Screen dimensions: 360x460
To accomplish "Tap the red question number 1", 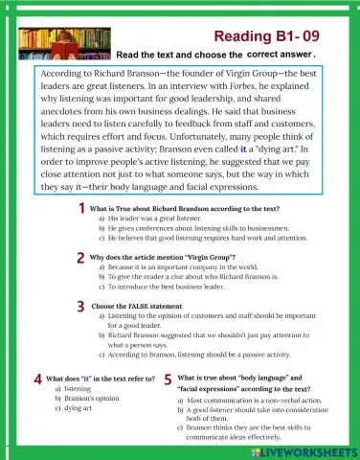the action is point(83,208).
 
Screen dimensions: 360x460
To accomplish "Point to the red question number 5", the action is point(169,379).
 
